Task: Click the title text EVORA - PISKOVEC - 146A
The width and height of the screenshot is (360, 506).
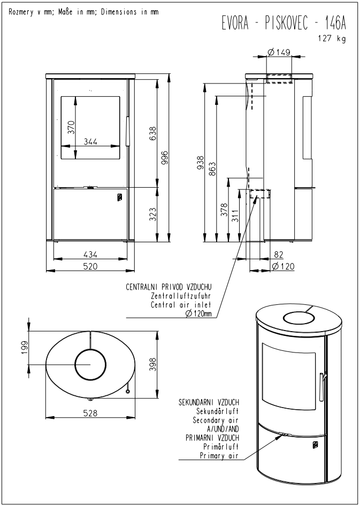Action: [284, 23]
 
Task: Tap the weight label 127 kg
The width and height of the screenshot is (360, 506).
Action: [332, 39]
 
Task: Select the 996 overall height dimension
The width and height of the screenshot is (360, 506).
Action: [164, 157]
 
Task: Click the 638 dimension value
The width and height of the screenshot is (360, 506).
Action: [152, 134]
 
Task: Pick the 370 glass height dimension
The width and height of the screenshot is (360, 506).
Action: [71, 127]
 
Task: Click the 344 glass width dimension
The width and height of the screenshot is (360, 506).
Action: [90, 141]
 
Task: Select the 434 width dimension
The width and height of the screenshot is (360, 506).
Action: [90, 254]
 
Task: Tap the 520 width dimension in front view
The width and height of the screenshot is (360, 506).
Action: [90, 266]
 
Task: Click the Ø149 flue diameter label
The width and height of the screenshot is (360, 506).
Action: [279, 52]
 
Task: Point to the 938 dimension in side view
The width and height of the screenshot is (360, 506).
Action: [201, 162]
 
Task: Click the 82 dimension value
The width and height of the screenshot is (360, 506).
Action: [278, 255]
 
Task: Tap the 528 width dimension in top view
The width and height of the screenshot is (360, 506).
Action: [90, 413]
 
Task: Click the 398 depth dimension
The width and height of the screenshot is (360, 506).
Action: [153, 364]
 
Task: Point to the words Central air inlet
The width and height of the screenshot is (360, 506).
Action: [181, 305]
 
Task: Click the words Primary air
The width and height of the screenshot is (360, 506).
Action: [219, 456]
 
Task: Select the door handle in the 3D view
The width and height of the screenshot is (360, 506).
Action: [321, 387]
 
